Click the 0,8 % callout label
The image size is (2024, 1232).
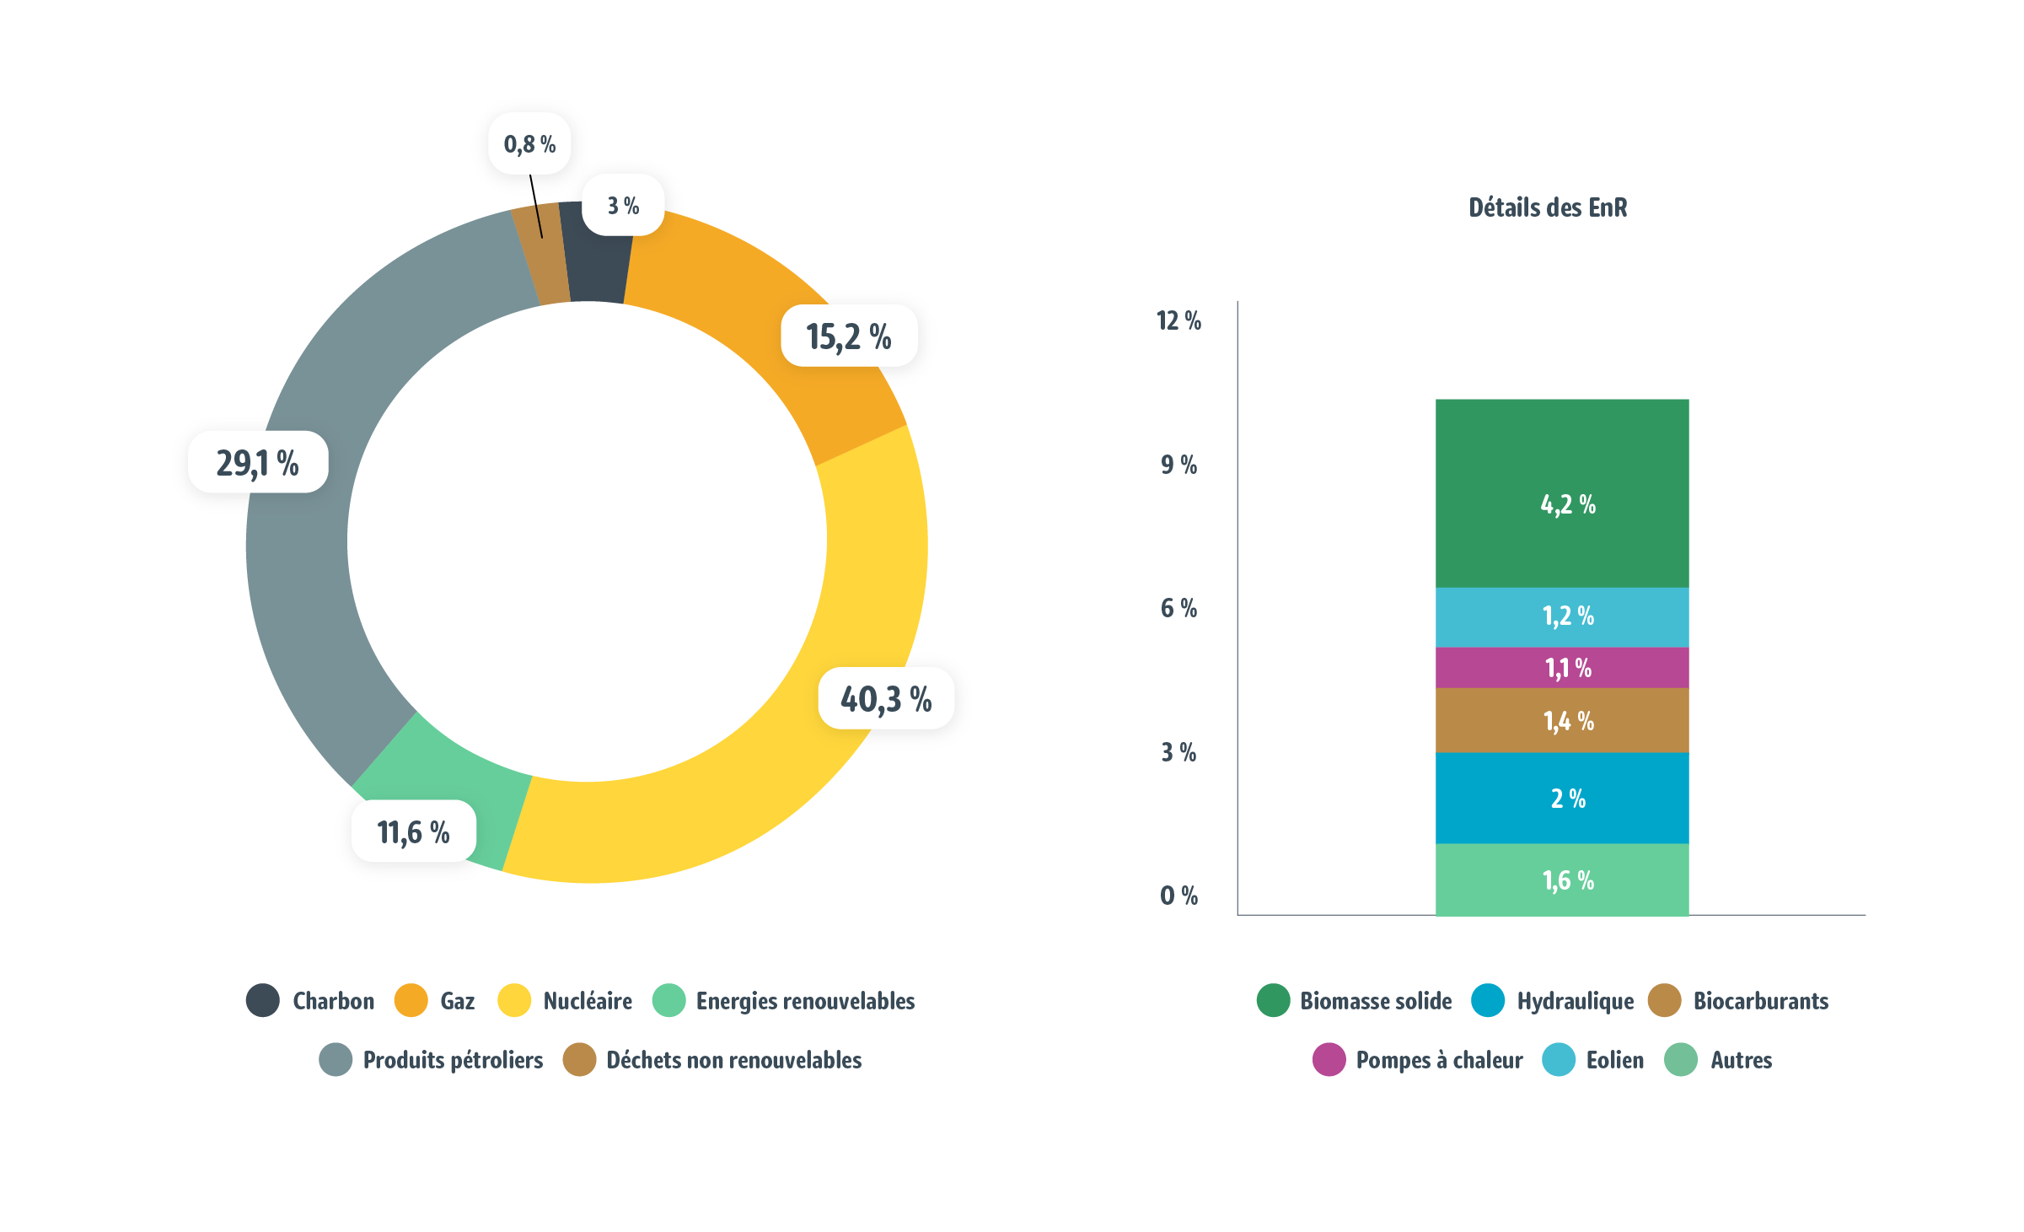(x=529, y=144)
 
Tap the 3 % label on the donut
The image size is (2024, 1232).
(x=623, y=206)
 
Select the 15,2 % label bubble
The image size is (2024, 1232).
(x=848, y=336)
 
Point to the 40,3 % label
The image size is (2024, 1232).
(x=885, y=699)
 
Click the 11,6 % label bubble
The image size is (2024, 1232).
(x=413, y=832)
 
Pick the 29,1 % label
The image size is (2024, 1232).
(x=257, y=463)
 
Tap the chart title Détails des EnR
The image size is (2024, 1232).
(x=1547, y=207)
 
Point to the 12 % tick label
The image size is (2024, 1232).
(x=1178, y=320)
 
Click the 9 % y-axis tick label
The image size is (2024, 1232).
(x=1178, y=465)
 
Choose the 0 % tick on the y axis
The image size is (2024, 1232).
(x=1178, y=896)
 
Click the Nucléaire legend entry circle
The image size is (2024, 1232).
(x=514, y=1001)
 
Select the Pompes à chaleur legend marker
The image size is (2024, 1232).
(x=1329, y=1060)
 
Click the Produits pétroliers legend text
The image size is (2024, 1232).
(x=453, y=1060)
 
